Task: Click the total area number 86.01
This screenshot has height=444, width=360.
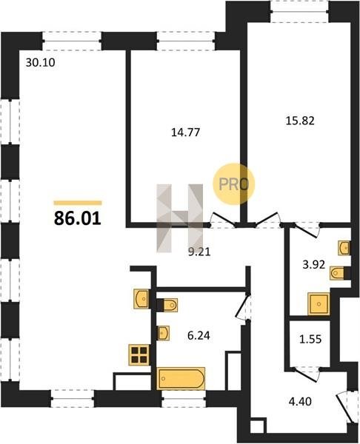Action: [x=77, y=218]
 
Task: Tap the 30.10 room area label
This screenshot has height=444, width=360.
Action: [x=40, y=63]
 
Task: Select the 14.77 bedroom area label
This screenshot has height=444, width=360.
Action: [x=186, y=132]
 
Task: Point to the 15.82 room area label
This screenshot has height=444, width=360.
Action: [x=300, y=121]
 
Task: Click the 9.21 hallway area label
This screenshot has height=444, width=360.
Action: [x=199, y=252]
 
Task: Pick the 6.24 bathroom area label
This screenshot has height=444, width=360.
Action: [x=199, y=335]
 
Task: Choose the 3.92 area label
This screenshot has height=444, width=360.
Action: [x=314, y=265]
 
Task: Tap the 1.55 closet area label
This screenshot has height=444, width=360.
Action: [x=310, y=339]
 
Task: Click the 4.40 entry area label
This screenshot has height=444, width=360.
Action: [x=300, y=401]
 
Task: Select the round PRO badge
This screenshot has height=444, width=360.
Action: [x=234, y=184]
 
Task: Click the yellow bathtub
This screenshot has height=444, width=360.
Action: [x=181, y=379]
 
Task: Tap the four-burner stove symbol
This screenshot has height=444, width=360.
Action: [x=139, y=354]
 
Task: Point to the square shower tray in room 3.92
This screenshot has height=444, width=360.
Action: [x=319, y=304]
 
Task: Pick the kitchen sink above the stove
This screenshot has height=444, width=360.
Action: [x=141, y=299]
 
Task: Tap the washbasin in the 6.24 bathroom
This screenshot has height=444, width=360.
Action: [x=163, y=333]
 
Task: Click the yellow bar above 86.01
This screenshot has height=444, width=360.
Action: [x=78, y=203]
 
